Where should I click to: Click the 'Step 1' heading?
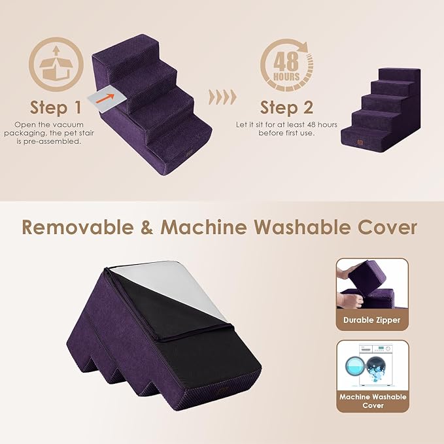point(56,107)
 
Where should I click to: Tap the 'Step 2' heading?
point(286,107)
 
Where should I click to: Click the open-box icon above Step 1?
point(56,63)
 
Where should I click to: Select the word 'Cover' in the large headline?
point(390,228)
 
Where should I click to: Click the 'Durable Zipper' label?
point(372,320)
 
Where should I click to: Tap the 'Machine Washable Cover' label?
point(372,401)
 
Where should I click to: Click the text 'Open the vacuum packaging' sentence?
point(56,134)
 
